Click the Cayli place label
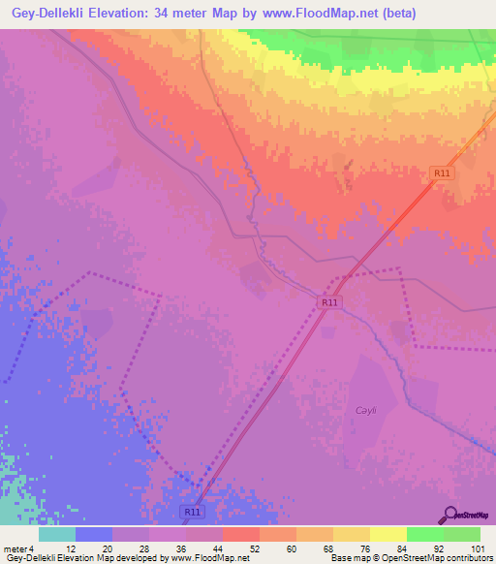click(365, 411)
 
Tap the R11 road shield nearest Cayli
click(329, 302)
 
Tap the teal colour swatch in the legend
click(56, 534)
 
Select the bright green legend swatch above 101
click(462, 534)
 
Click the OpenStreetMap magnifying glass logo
click(449, 516)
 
